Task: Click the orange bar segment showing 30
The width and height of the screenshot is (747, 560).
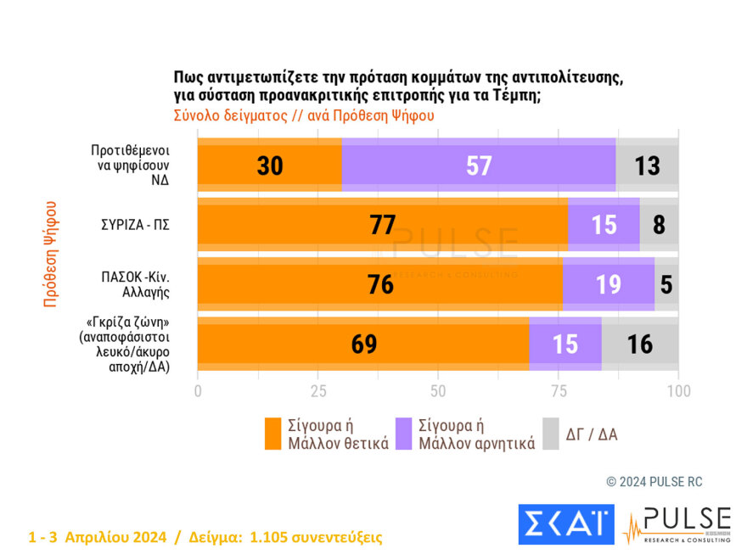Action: [269, 165]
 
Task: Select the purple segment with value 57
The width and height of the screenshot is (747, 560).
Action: [479, 165]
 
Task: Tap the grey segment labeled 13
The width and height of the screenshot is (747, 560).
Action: [647, 165]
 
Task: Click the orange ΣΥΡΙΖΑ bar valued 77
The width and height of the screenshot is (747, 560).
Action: [382, 225]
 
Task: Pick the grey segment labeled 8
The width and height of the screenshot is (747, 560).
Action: [660, 225]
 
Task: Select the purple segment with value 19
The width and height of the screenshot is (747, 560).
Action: [608, 284]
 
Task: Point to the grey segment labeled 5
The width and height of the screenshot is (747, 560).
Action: [666, 284]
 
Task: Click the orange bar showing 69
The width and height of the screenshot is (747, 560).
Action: [362, 344]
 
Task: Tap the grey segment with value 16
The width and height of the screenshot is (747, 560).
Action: [640, 344]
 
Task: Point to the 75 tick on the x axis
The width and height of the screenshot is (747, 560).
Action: [559, 391]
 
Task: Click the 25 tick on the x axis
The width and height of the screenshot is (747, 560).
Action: [318, 391]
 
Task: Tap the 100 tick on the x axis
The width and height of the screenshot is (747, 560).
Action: [678, 391]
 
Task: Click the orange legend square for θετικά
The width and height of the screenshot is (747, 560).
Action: [272, 434]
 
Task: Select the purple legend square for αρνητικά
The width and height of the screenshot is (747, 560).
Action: [403, 434]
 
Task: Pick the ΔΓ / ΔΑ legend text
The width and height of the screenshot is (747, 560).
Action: [592, 434]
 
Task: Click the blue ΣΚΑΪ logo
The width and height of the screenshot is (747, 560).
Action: [565, 524]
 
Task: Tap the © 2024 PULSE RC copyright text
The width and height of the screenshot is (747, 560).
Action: [654, 482]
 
